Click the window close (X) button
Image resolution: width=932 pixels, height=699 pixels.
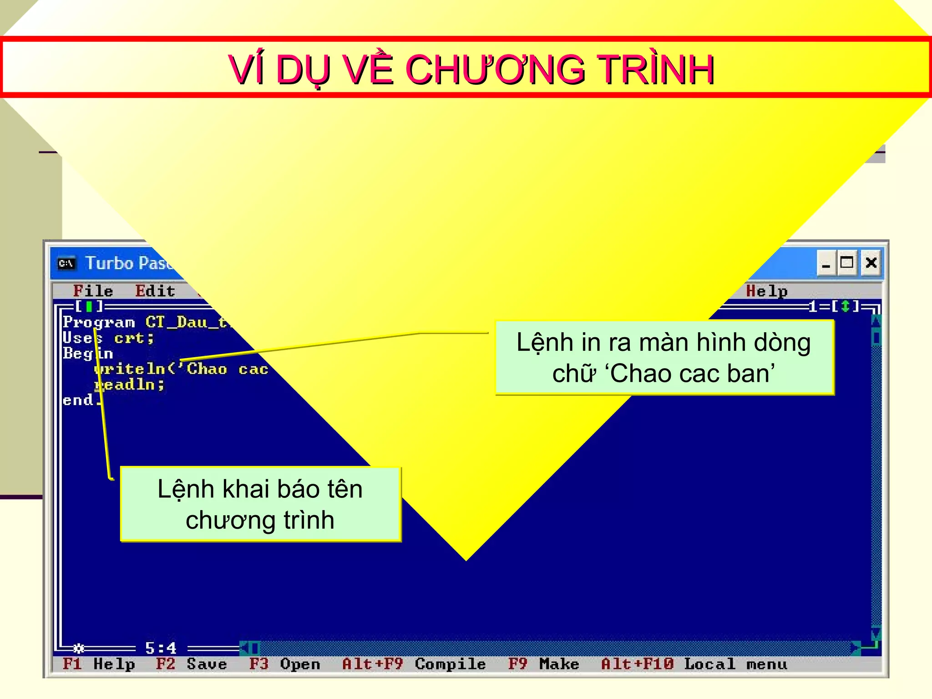coord(871,263)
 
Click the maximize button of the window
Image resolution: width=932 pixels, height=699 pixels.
coord(846,263)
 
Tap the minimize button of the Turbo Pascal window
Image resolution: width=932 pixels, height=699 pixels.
coord(826,263)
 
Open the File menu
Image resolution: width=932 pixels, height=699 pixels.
coord(93,291)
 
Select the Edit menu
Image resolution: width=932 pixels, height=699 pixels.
coord(155,291)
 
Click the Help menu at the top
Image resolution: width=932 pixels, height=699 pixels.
coord(766,291)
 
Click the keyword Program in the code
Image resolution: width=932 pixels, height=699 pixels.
coord(99,322)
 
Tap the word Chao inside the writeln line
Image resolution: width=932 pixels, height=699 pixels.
coord(207,369)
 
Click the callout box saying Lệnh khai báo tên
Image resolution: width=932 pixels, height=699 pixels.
coord(260,504)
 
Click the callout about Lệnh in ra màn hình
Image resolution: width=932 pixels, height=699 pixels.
coord(664,358)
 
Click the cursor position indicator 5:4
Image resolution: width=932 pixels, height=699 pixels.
coord(160,648)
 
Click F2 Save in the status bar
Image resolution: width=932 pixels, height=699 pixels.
coord(191,664)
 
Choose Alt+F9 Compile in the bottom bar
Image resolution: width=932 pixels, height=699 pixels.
coord(414,664)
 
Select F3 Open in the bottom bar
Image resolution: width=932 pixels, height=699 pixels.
coord(284,664)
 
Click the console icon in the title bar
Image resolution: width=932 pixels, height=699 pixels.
coord(66,263)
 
